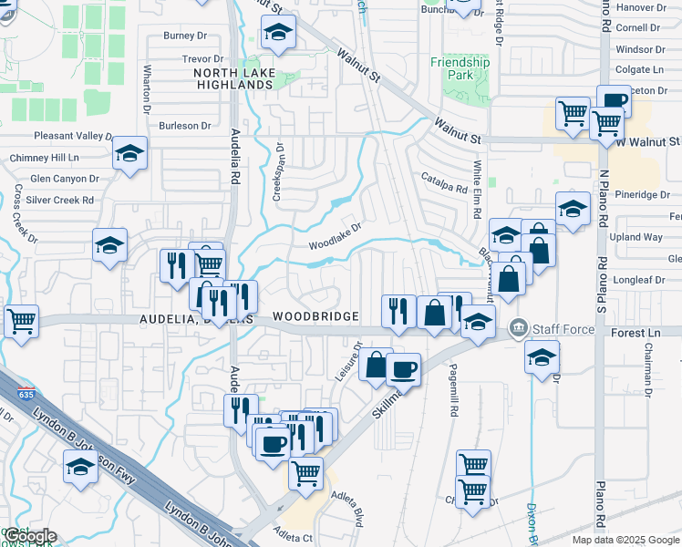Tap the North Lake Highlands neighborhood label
tap(233, 78)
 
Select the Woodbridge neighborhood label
tap(315, 316)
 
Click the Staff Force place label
tap(563, 329)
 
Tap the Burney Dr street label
tap(185, 36)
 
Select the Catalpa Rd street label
tap(444, 182)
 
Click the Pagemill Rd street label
tap(453, 398)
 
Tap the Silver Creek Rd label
tap(59, 200)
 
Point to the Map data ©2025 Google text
tap(626, 540)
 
